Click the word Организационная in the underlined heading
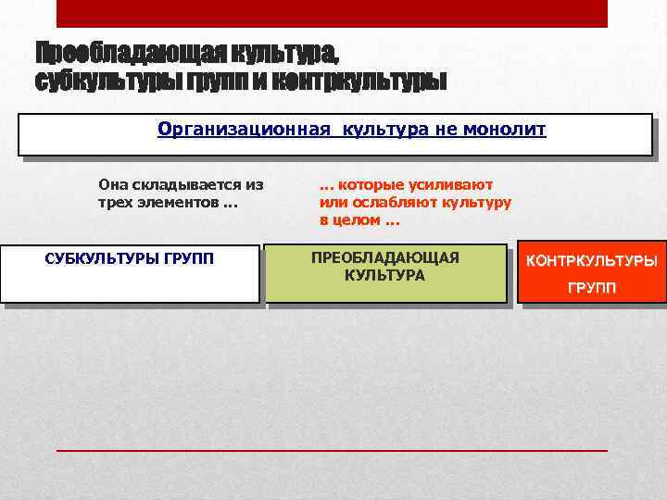(x=244, y=129)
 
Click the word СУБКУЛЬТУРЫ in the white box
(x=102, y=257)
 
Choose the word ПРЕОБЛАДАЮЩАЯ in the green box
(x=385, y=256)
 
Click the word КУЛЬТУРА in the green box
(x=385, y=275)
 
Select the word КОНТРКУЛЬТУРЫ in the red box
(x=593, y=260)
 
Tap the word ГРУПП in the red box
(x=593, y=288)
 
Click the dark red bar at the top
(x=332, y=13)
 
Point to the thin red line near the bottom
(x=332, y=449)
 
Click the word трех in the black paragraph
(x=114, y=202)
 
